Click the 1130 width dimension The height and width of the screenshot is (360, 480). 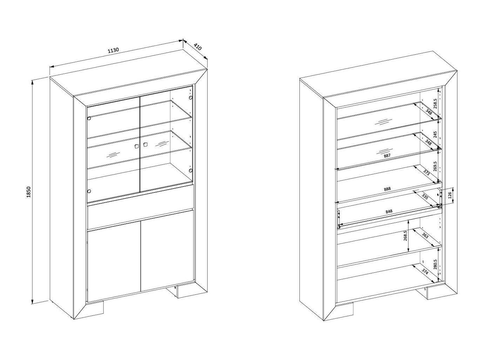[x=113, y=50]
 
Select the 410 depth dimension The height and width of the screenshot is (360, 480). [x=197, y=47]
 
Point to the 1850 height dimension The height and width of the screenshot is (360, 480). [x=29, y=192]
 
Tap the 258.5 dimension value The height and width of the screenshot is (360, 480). [x=435, y=103]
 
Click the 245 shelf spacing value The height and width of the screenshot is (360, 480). [x=435, y=134]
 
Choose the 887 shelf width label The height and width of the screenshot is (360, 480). [x=387, y=156]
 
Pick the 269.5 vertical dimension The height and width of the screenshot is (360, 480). [x=435, y=166]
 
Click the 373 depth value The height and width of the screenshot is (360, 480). [x=427, y=172]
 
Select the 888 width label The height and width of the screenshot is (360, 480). [x=387, y=189]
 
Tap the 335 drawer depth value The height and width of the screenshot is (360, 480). [x=425, y=197]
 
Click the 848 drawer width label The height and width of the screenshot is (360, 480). [x=389, y=211]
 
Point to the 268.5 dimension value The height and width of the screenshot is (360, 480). [x=405, y=236]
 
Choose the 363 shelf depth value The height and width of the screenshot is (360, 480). [x=425, y=236]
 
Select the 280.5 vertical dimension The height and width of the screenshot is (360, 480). [x=435, y=264]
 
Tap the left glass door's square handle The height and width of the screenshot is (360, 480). [x=136, y=146]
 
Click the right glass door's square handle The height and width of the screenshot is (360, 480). [x=145, y=144]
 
